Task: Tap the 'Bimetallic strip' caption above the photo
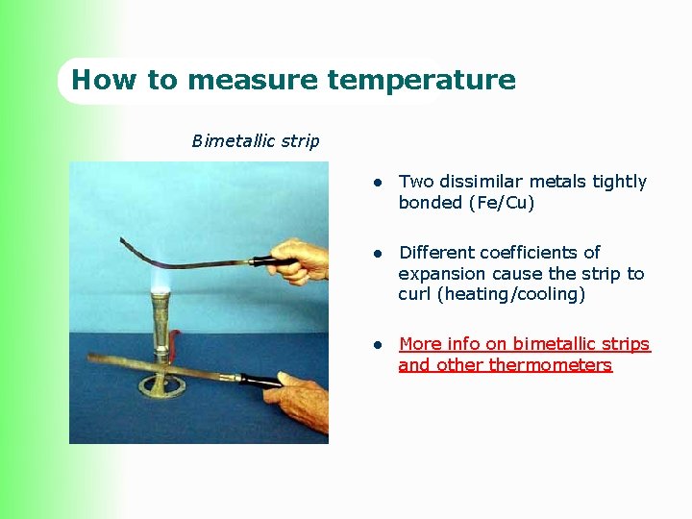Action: [256, 141]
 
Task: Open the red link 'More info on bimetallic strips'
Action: [524, 344]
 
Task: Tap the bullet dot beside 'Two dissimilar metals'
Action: [380, 183]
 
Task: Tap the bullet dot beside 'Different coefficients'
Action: [380, 254]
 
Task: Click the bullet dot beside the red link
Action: [380, 345]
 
